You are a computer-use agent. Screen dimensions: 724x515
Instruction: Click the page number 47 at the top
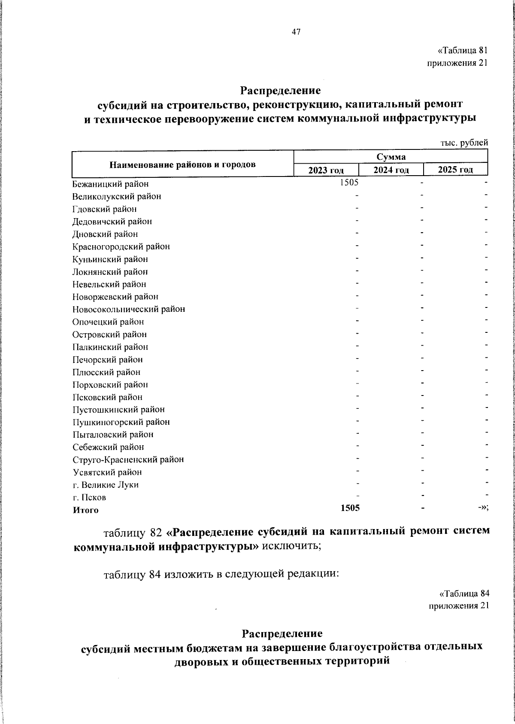tap(296, 32)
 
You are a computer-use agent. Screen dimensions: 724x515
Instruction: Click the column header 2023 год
tap(326, 170)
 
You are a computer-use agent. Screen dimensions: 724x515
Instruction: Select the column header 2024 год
tap(391, 170)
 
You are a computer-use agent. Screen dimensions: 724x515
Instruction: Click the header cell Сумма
tap(391, 157)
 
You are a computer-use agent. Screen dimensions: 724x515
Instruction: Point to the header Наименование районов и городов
tap(183, 164)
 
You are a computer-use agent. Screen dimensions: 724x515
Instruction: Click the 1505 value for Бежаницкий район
tap(349, 183)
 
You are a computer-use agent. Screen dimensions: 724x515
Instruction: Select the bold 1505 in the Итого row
tap(350, 508)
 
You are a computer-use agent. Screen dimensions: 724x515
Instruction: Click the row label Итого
tap(85, 510)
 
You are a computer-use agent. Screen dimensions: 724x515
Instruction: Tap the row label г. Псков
tap(89, 498)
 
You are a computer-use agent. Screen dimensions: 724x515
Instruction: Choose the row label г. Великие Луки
tap(106, 485)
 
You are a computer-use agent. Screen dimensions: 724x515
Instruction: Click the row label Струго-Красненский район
tap(128, 459)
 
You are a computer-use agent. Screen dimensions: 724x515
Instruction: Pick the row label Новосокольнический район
tap(129, 309)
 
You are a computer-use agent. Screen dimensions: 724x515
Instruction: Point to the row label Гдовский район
tap(105, 209)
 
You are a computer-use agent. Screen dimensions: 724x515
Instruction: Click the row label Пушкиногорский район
tap(121, 422)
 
